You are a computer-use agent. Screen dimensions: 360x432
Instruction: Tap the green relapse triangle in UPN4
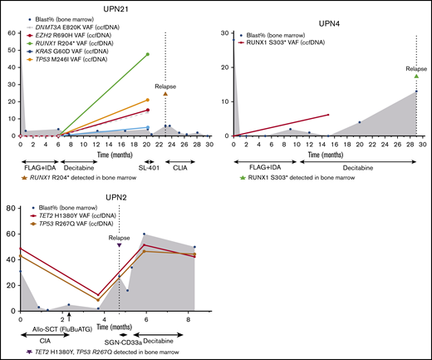[x=415, y=76]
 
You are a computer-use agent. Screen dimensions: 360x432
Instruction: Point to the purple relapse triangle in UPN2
[x=120, y=245]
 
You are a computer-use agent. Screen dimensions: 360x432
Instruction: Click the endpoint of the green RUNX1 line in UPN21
[x=148, y=54]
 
